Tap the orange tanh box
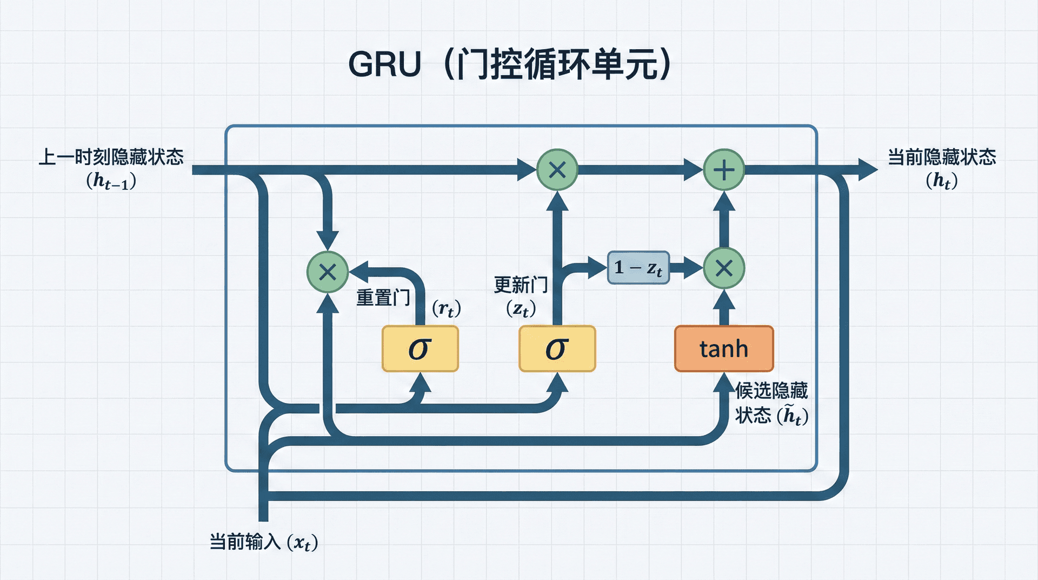coord(724,349)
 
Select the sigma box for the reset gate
coord(420,349)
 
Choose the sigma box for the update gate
coord(557,349)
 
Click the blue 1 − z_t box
coord(638,268)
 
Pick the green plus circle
coord(724,170)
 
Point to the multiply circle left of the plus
coord(557,170)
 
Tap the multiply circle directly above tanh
coord(724,268)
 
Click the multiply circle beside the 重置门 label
coord(328,272)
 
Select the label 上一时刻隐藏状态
coord(111,157)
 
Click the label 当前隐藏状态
coord(942,157)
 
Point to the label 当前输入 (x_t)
coord(263,542)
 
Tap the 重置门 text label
coord(383,298)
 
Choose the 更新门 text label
coord(521,285)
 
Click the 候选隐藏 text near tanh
coord(771,390)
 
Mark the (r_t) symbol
coord(446,309)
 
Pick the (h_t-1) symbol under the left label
coord(111,181)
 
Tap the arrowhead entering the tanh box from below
coord(724,382)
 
